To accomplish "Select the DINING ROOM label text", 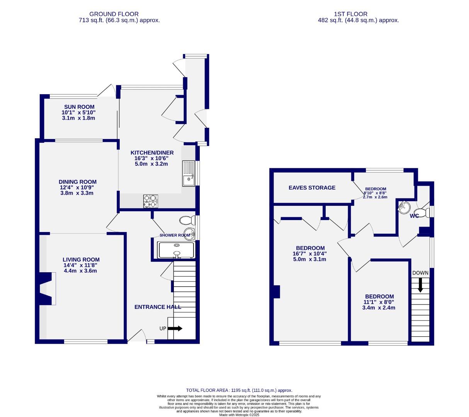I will click(78, 182).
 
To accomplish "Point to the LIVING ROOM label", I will click(81, 260).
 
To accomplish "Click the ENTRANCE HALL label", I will click(158, 307).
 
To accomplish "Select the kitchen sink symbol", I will click(189, 173).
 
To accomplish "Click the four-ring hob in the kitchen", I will click(151, 201).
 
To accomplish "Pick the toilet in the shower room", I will click(187, 220).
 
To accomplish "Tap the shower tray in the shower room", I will click(176, 250).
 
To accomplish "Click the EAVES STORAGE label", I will click(312, 188).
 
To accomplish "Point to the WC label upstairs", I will click(414, 216).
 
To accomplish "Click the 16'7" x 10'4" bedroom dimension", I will click(310, 254).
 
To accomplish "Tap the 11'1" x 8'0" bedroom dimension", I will click(379, 302).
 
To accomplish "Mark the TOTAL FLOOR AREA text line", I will click(239, 390).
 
